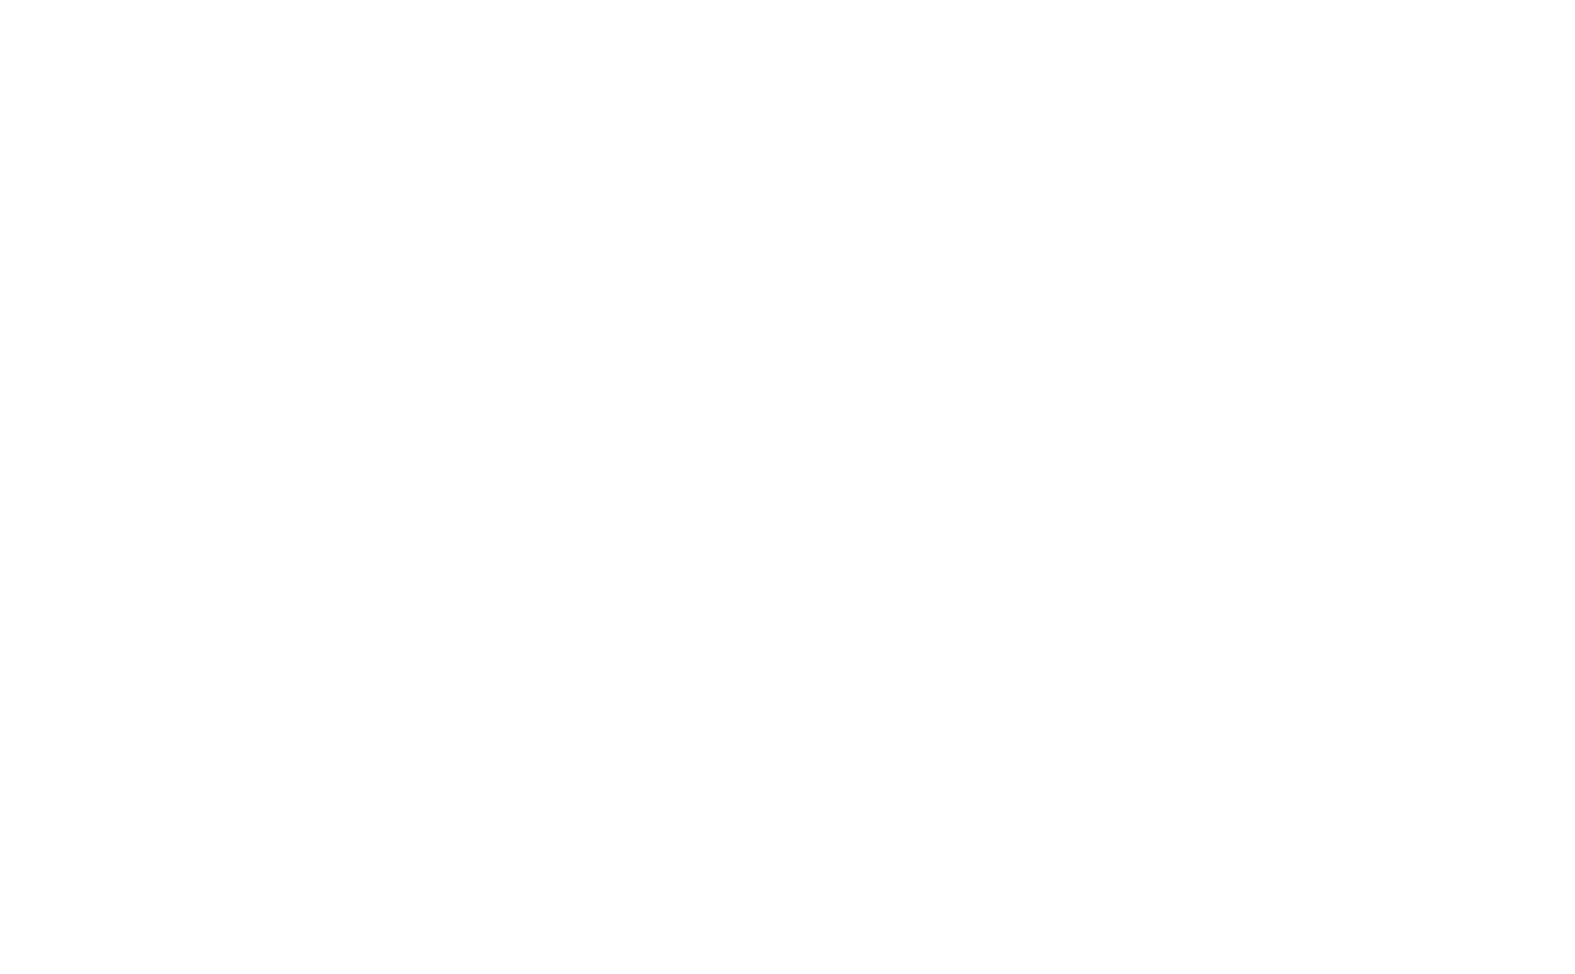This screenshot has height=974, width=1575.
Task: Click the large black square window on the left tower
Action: [x=335, y=739]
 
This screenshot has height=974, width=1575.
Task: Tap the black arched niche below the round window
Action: [x=335, y=412]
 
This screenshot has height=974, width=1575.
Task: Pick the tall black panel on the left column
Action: [x=775, y=736]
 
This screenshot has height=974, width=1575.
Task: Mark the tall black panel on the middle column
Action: [x=1025, y=736]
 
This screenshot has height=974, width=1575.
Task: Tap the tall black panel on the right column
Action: [x=1277, y=738]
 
